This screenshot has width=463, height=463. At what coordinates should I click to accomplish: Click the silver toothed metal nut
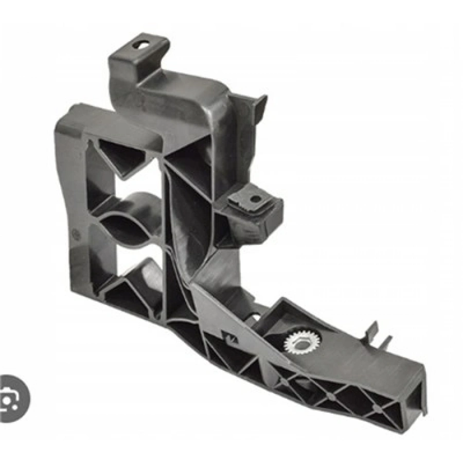pyautogui.click(x=302, y=340)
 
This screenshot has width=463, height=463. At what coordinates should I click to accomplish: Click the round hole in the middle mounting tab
pyautogui.click(x=255, y=199)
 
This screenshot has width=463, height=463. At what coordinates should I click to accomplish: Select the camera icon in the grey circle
pyautogui.click(x=11, y=398)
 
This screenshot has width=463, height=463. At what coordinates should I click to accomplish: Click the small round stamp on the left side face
pyautogui.click(x=76, y=232)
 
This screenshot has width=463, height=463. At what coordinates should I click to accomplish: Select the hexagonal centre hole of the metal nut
pyautogui.click(x=302, y=340)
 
